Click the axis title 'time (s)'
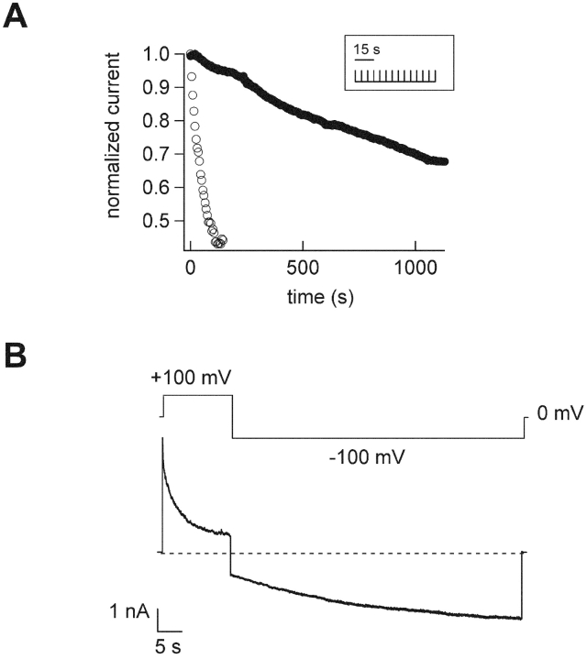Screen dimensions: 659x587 click(305, 297)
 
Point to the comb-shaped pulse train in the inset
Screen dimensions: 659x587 click(395, 75)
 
